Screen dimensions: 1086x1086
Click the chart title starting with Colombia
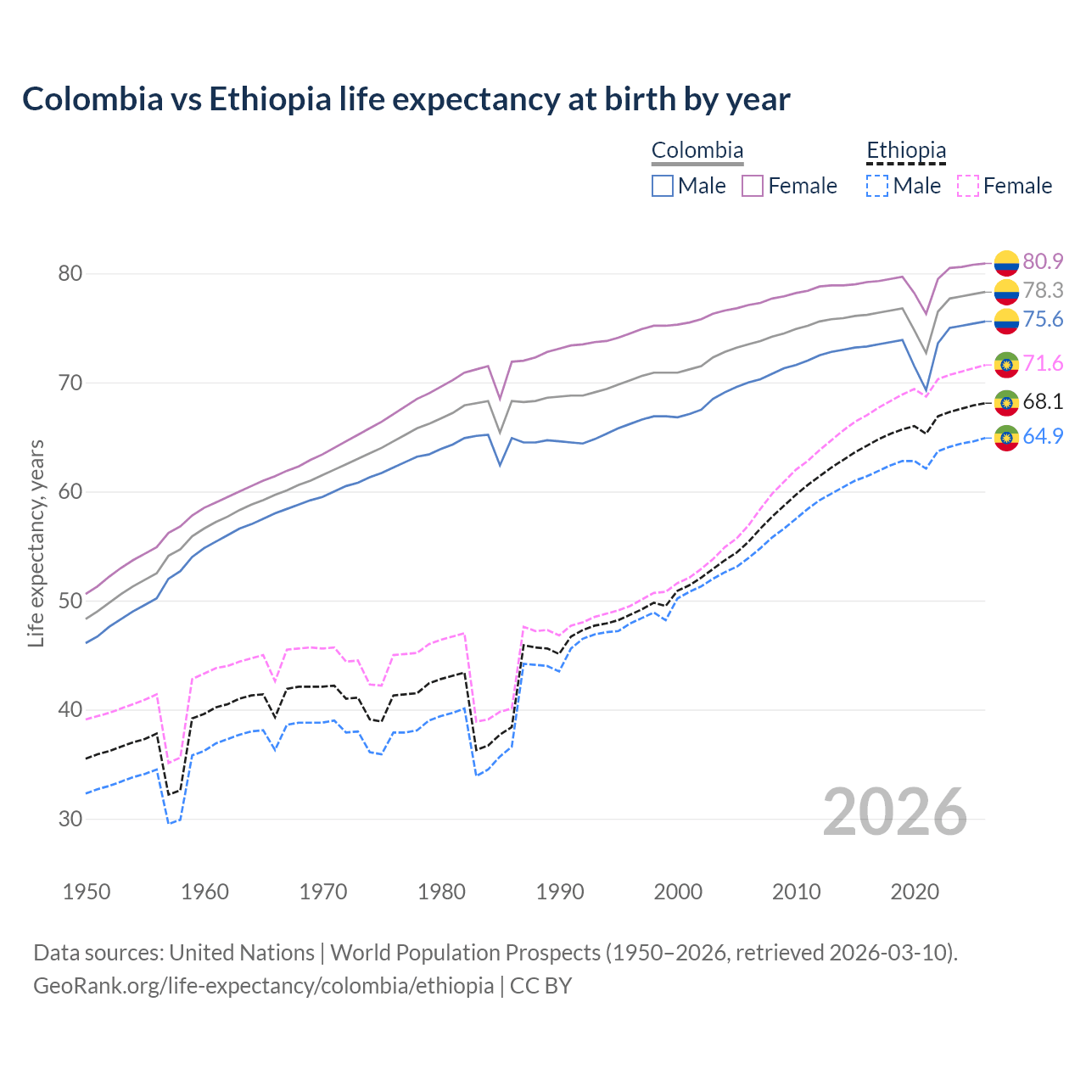tap(406, 99)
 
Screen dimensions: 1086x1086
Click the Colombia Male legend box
tap(663, 186)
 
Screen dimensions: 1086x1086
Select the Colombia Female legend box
tap(753, 186)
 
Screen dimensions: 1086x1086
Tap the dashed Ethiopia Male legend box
tap(877, 186)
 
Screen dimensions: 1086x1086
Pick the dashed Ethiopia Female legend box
tap(967, 186)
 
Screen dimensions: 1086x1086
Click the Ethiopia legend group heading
tap(905, 151)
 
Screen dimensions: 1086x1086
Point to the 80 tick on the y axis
tap(70, 273)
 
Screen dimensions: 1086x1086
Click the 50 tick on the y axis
tap(70, 601)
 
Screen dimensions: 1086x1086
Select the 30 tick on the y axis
tap(70, 819)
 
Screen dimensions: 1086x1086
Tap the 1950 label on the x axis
tap(87, 892)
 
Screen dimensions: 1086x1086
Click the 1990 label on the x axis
tap(560, 892)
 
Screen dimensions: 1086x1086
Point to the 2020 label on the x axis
tap(915, 892)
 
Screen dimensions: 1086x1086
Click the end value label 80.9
tap(1043, 261)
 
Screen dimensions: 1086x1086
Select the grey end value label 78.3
tap(1043, 290)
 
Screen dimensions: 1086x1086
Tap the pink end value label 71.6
tap(1043, 363)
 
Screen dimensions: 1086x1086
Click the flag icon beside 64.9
tap(1006, 438)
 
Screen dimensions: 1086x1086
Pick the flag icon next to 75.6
tap(1006, 320)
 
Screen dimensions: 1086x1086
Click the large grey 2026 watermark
tap(895, 812)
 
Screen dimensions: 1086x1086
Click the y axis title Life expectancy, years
tap(36, 543)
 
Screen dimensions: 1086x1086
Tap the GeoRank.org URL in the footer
tap(263, 986)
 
